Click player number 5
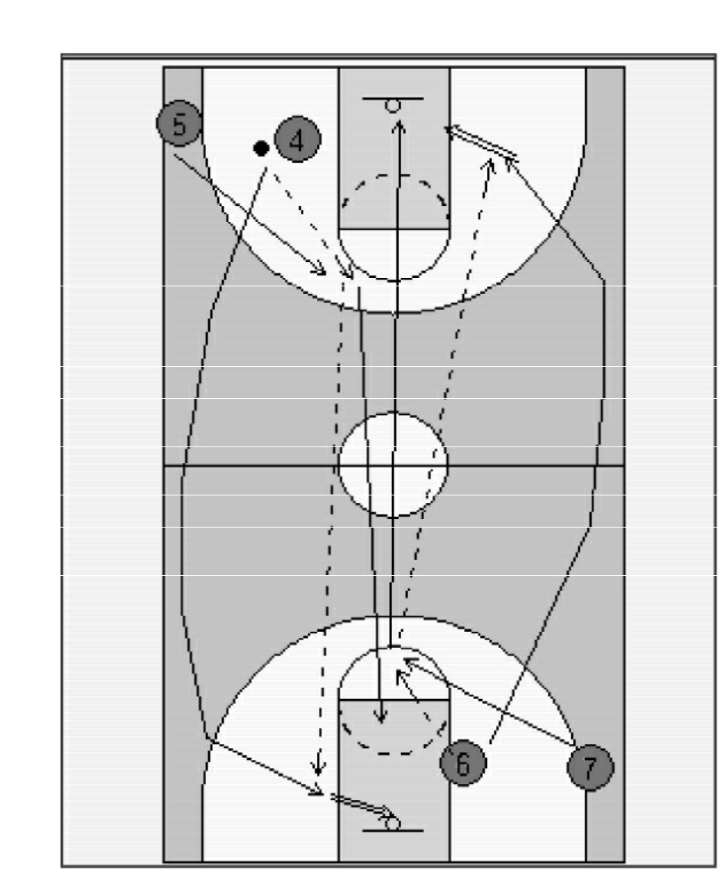coord(179,123)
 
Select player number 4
coord(298,139)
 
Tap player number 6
coord(463,763)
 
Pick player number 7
coord(590,767)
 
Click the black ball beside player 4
coord(261,149)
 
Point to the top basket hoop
coord(393,106)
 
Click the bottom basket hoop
coord(392,823)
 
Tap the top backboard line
coord(393,99)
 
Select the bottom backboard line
coord(393,831)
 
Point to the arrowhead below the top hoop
coord(399,126)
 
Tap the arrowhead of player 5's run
coord(320,270)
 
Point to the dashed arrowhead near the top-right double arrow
coord(489,165)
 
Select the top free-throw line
coord(394,229)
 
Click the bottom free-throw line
coord(394,700)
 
